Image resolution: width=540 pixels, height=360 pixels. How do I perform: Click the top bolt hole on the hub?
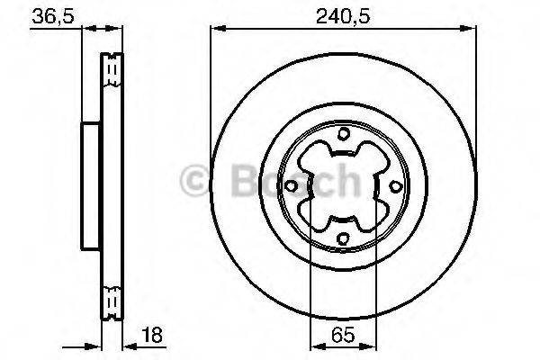click(x=344, y=135)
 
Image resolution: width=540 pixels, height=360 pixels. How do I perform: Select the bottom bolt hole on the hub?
click(x=344, y=238)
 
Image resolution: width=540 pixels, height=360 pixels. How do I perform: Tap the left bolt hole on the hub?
click(x=292, y=186)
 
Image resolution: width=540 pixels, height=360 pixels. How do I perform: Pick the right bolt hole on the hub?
click(x=395, y=186)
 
